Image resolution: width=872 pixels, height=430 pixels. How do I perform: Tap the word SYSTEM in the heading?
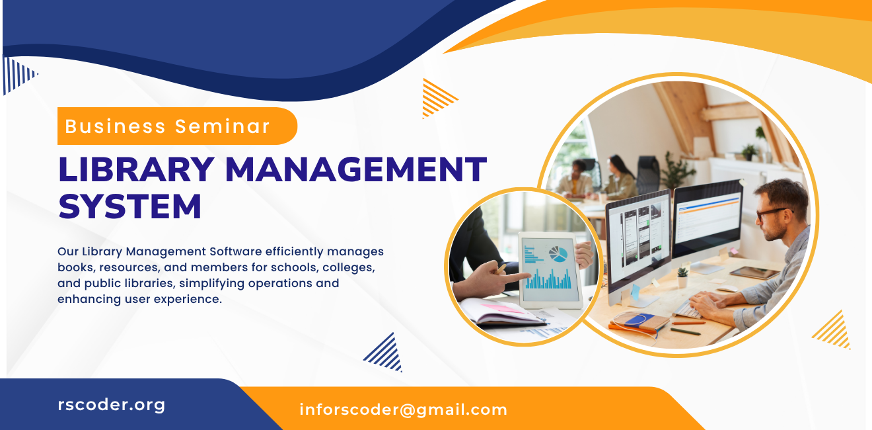(x=130, y=206)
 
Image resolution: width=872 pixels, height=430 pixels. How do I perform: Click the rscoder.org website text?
(x=112, y=404)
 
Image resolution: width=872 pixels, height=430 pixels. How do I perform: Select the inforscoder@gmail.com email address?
(x=403, y=409)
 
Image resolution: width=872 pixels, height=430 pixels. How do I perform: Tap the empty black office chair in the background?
(x=648, y=173)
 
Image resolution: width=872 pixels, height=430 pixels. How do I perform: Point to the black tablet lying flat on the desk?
(x=754, y=273)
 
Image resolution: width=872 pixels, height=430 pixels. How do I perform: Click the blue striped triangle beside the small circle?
(x=384, y=353)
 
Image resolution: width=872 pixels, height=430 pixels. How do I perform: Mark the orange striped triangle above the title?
(x=437, y=98)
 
